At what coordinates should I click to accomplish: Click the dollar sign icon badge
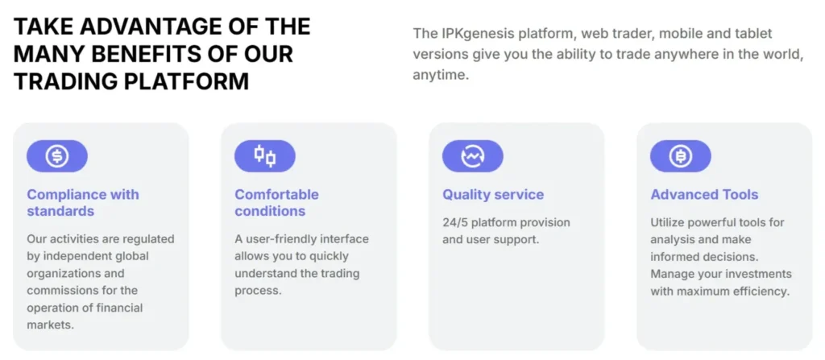(x=57, y=156)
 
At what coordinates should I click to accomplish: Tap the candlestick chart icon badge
(x=264, y=156)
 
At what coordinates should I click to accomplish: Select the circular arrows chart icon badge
(x=472, y=156)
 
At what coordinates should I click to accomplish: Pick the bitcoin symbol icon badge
(x=680, y=156)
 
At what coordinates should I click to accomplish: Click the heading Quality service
(x=493, y=195)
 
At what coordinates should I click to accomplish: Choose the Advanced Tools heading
(x=704, y=195)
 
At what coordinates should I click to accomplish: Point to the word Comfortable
(x=277, y=195)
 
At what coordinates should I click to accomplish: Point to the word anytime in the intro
(x=441, y=75)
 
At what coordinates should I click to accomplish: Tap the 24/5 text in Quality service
(x=455, y=222)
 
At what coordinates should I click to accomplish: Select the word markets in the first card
(x=51, y=325)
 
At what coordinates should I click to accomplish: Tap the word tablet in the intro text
(x=755, y=34)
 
